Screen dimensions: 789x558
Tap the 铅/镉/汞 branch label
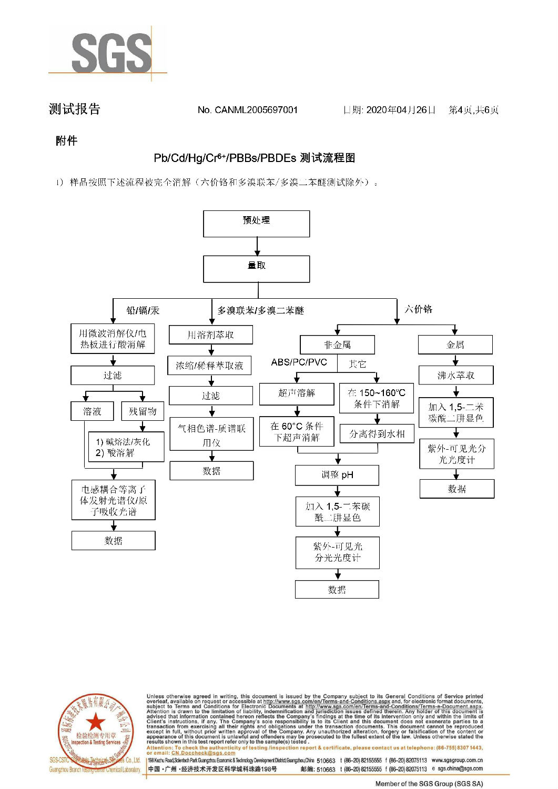143,310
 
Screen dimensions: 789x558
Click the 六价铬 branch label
418,309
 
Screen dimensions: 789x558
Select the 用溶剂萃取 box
211,335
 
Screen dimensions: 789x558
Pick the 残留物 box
143,411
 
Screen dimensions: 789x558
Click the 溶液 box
92,411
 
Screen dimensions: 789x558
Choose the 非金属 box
337,345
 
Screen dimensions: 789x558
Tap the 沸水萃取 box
456,376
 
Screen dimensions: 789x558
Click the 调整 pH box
337,475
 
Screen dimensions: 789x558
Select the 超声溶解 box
297,393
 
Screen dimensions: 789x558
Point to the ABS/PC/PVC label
299,362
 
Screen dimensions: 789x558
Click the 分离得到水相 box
377,434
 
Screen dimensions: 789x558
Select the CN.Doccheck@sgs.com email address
203,753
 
